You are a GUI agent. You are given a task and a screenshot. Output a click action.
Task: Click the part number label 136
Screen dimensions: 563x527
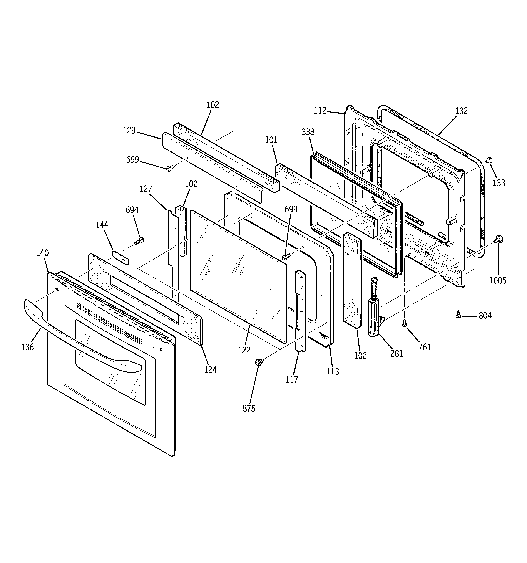pos(27,347)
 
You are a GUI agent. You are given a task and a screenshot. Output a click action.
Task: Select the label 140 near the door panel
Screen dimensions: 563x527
pos(42,253)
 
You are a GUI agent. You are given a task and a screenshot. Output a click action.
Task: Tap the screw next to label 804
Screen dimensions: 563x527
pos(458,315)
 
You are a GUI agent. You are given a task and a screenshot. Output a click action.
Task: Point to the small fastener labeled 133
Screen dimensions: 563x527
pos(488,160)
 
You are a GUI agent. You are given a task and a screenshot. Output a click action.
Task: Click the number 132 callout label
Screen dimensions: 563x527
pos(461,111)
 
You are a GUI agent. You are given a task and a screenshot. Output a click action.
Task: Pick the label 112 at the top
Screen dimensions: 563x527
pos(320,111)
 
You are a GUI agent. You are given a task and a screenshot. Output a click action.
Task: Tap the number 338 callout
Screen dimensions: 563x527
pos(308,132)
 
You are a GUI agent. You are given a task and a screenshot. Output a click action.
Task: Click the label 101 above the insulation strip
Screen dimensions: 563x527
pos(271,140)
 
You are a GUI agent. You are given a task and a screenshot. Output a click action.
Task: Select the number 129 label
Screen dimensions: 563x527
pos(129,130)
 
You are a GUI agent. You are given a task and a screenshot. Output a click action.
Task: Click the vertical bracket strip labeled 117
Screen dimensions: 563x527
pos(300,311)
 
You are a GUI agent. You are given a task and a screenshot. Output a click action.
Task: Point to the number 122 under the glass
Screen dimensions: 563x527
pos(244,350)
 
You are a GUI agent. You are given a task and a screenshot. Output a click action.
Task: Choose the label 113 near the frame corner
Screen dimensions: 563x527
pos(332,371)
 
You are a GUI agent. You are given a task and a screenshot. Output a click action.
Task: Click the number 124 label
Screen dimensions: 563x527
pos(211,370)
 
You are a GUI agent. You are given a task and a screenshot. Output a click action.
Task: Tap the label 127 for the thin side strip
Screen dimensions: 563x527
pos(146,189)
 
